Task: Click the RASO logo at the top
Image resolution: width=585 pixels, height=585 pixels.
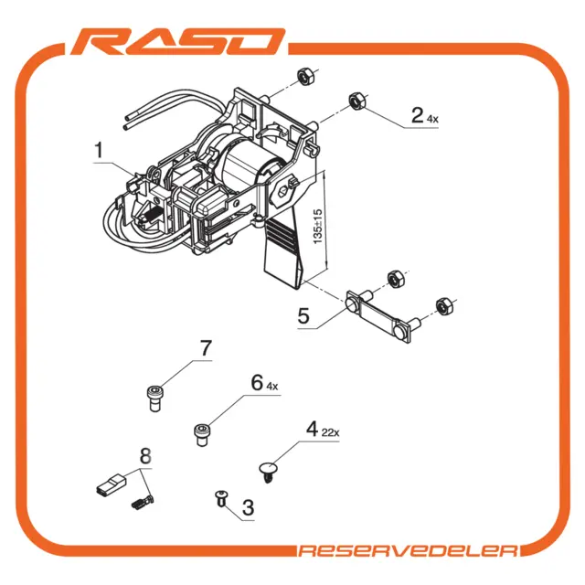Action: [178, 41]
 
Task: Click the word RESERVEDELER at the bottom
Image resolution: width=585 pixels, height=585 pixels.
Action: [409, 550]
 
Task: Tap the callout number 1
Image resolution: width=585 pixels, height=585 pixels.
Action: [99, 150]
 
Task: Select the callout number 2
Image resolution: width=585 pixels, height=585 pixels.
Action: [417, 114]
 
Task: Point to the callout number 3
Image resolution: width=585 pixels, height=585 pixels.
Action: [248, 507]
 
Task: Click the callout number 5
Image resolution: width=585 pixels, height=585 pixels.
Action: [303, 315]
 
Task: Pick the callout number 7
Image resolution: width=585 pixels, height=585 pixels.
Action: [206, 348]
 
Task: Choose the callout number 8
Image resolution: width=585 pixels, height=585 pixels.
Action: [145, 456]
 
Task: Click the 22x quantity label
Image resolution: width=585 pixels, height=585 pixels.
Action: [331, 432]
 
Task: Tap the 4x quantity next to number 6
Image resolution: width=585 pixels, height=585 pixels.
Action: [272, 387]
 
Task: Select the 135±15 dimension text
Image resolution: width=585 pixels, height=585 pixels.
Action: [317, 227]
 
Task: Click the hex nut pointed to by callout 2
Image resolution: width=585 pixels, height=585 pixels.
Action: [357, 101]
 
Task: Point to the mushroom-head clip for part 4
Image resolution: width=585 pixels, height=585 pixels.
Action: [268, 472]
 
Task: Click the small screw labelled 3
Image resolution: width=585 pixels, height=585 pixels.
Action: [222, 498]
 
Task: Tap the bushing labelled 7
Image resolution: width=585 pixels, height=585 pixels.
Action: [154, 399]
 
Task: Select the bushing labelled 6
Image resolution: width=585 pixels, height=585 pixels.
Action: [202, 435]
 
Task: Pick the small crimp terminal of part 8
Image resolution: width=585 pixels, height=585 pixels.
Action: [143, 502]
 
